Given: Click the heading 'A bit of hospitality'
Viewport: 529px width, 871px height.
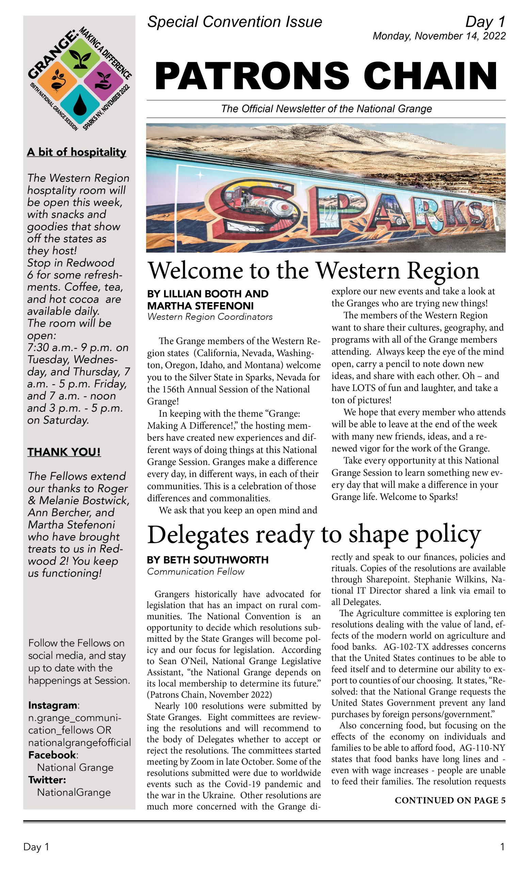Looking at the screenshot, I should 76,152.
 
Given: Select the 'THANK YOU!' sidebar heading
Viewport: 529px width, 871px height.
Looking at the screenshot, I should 64,452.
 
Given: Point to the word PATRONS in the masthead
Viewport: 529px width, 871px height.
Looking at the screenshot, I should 252,76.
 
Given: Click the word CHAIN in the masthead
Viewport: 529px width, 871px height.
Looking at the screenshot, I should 430,76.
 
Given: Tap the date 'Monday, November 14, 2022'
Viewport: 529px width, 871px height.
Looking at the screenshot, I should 439,36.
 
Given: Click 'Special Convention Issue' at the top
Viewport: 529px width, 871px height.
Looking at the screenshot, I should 235,22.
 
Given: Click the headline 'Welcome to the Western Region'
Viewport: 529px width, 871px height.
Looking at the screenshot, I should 313,270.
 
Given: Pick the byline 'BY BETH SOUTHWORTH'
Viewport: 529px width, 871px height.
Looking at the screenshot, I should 208,560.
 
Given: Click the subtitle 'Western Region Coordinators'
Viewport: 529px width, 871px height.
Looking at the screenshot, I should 210,317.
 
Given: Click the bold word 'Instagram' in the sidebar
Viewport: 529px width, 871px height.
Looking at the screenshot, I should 53,705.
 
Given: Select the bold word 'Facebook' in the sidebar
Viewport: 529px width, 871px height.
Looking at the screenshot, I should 52,755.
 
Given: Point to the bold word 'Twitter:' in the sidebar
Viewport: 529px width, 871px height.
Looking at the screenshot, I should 47,779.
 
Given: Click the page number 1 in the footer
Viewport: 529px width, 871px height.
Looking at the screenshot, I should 502,847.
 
